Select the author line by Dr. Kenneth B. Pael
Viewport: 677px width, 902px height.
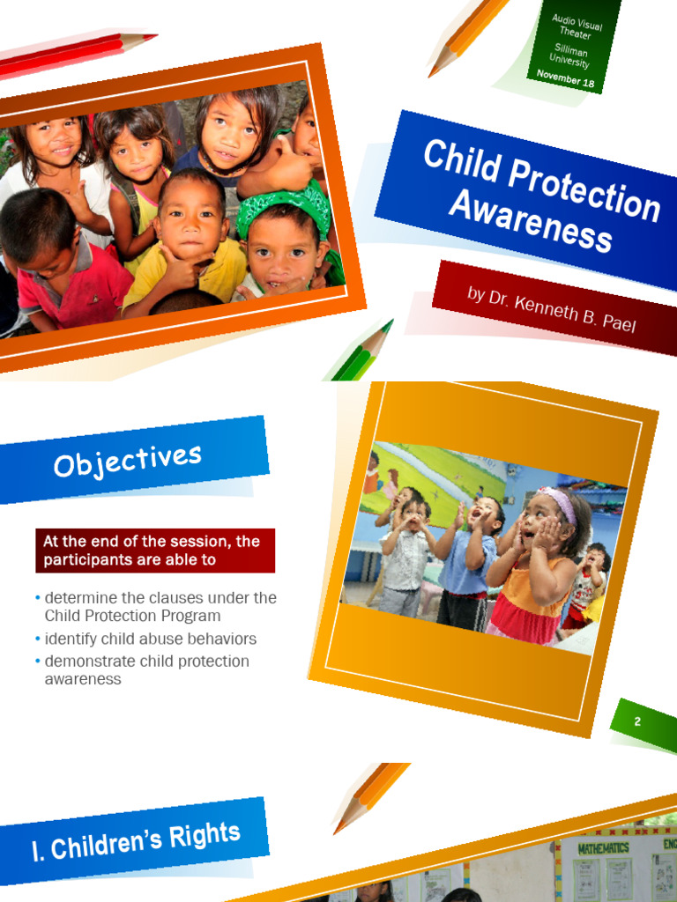tap(551, 307)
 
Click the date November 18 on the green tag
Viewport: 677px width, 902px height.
tap(564, 78)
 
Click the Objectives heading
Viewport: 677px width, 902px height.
tap(128, 460)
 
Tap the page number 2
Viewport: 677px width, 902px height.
tap(637, 721)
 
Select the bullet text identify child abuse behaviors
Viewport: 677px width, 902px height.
tap(150, 639)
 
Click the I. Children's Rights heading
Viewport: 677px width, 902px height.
tap(136, 840)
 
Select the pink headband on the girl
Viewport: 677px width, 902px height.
tap(557, 503)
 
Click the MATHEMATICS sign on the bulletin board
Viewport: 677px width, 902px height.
tap(603, 847)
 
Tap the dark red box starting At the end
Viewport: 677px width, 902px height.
tap(155, 551)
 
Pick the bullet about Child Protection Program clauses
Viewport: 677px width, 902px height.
tap(159, 606)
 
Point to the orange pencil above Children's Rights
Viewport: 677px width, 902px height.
tap(370, 797)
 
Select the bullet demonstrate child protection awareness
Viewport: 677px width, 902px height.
tap(145, 669)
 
